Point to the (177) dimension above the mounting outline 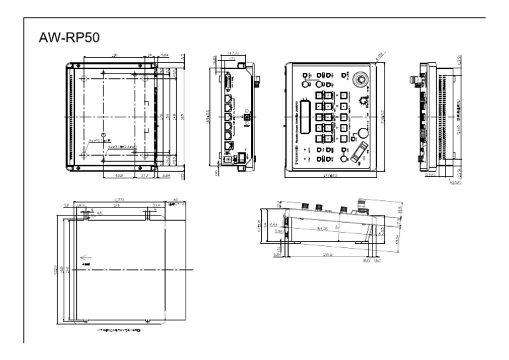tap(119, 199)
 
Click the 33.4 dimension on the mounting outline tap(156, 206)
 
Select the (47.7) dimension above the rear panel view tap(233, 52)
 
